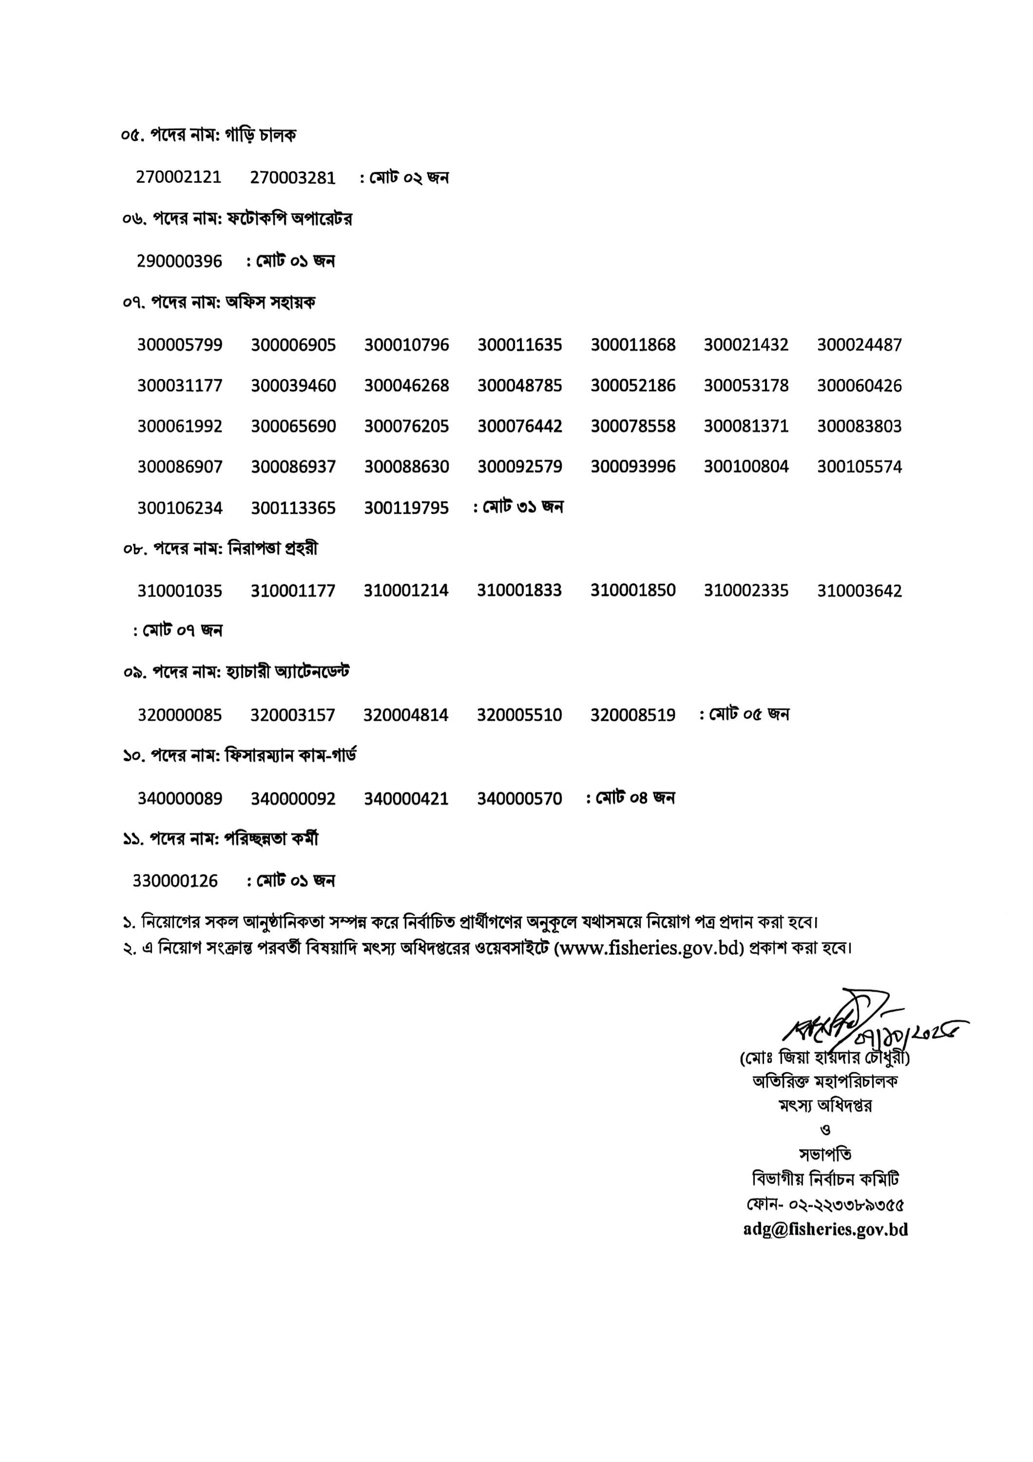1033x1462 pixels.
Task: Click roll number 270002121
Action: [179, 177]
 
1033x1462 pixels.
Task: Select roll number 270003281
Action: [293, 177]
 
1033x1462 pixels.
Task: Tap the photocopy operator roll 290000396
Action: [180, 261]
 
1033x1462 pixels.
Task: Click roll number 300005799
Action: [180, 345]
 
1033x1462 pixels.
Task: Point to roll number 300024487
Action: [859, 345]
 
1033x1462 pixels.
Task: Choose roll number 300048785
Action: [520, 386]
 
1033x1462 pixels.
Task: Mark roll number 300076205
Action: [407, 426]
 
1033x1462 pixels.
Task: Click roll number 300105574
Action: [859, 467]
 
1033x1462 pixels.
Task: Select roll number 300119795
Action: [407, 508]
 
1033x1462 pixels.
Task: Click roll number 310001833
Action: [520, 590]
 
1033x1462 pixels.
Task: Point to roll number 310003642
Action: [859, 591]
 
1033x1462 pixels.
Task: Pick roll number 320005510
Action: [520, 715]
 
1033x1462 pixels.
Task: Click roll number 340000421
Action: [407, 799]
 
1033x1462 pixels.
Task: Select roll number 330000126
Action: [175, 881]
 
